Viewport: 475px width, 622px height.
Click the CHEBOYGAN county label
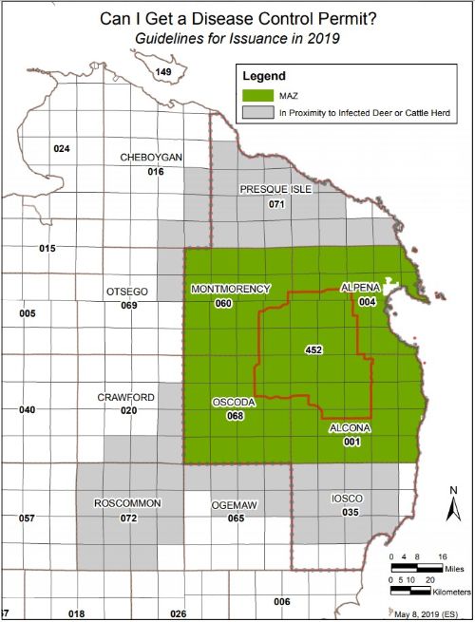click(151, 158)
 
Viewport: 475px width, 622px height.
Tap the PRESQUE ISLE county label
click(276, 189)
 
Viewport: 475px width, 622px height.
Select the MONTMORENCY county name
click(231, 289)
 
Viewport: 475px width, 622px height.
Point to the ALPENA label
click(360, 287)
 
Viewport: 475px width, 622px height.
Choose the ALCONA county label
click(351, 429)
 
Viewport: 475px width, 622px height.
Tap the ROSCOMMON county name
click(128, 502)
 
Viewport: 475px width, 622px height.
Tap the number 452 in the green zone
click(314, 349)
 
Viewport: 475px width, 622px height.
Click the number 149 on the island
click(163, 72)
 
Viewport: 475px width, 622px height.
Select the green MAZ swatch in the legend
click(257, 94)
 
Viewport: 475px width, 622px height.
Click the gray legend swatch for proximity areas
click(257, 112)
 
